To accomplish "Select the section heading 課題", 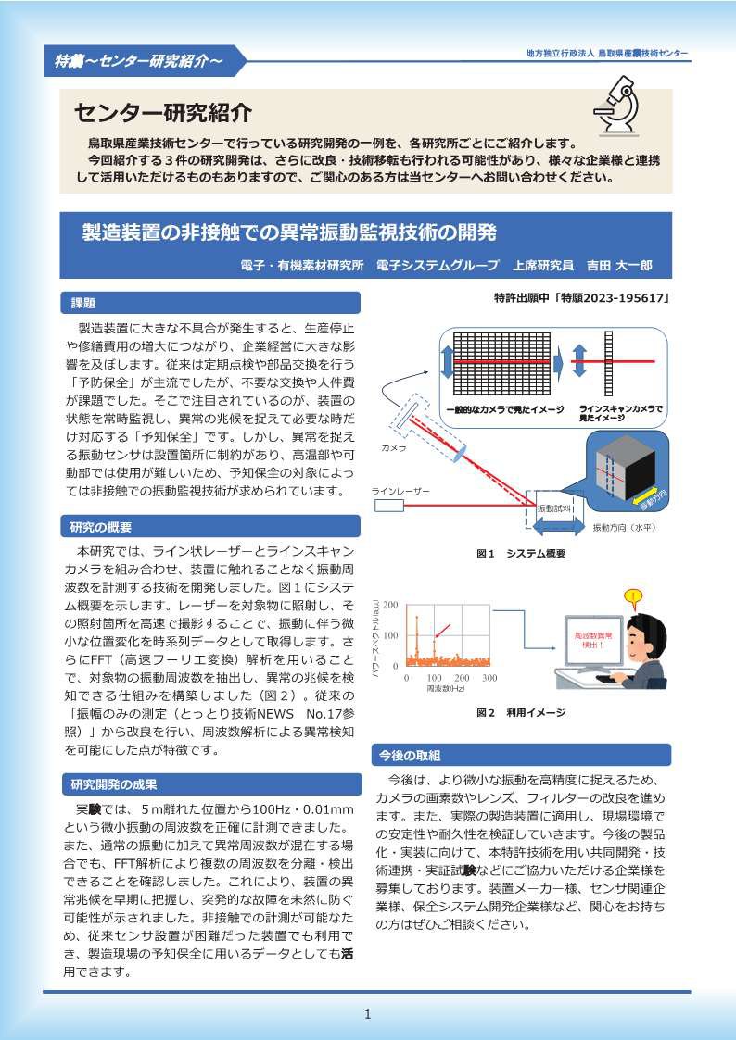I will pos(83,303).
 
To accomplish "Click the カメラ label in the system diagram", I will pos(394,447).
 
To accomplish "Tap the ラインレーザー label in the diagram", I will pos(400,490).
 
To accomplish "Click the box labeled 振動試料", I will pos(554,508).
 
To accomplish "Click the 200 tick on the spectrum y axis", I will pos(390,605).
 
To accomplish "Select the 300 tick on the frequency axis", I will pos(489,678).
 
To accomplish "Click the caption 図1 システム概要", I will pos(521,553).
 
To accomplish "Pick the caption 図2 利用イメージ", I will pos(520,712).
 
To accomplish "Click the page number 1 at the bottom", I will pos(368,1014).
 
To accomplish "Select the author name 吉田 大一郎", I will pos(619,265).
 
